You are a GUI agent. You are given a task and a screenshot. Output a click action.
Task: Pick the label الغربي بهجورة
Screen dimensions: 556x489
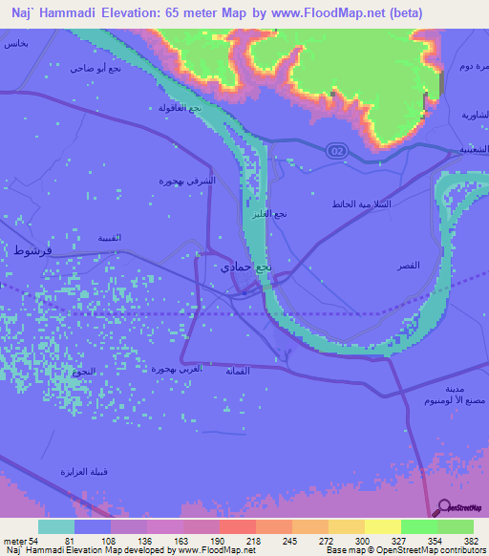coord(178,368)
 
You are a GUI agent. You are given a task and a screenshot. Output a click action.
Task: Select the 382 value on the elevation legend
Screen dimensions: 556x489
coord(469,541)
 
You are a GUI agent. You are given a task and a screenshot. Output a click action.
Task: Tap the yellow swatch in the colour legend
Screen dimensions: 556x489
coord(382,526)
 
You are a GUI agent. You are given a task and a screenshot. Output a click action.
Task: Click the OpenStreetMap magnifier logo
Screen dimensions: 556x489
coord(443,508)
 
